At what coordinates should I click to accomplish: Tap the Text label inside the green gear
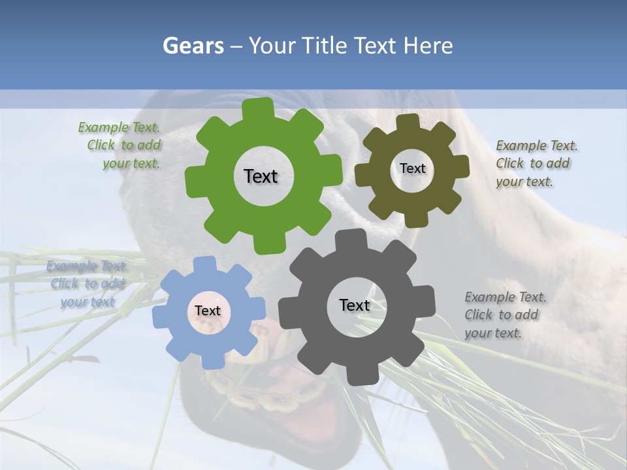click(x=261, y=176)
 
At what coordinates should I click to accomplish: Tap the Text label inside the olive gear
click(x=412, y=168)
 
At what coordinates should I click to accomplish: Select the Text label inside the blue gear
click(x=208, y=311)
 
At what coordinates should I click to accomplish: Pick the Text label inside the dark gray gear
click(x=355, y=305)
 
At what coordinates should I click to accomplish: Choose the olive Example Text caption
click(x=536, y=163)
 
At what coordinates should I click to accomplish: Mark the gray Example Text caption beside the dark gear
click(x=506, y=315)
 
